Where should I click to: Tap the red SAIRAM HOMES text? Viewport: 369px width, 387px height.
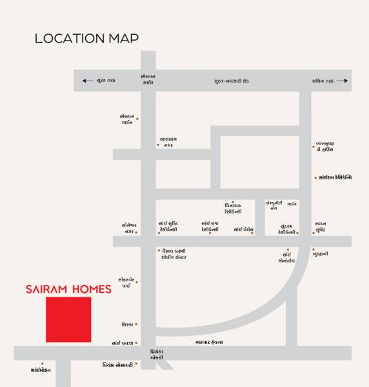pyautogui.click(x=68, y=290)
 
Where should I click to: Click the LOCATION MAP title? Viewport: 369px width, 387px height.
pyautogui.click(x=86, y=39)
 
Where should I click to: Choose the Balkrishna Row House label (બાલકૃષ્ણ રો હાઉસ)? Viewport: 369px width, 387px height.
pyautogui.click(x=325, y=146)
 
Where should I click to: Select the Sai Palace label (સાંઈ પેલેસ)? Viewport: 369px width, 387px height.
pyautogui.click(x=243, y=229)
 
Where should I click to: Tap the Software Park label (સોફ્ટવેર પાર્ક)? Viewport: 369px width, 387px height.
pyautogui.click(x=126, y=282)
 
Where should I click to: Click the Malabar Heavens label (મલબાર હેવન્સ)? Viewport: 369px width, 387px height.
pyautogui.click(x=209, y=341)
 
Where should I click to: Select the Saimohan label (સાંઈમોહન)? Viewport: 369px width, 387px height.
pyautogui.click(x=41, y=370)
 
